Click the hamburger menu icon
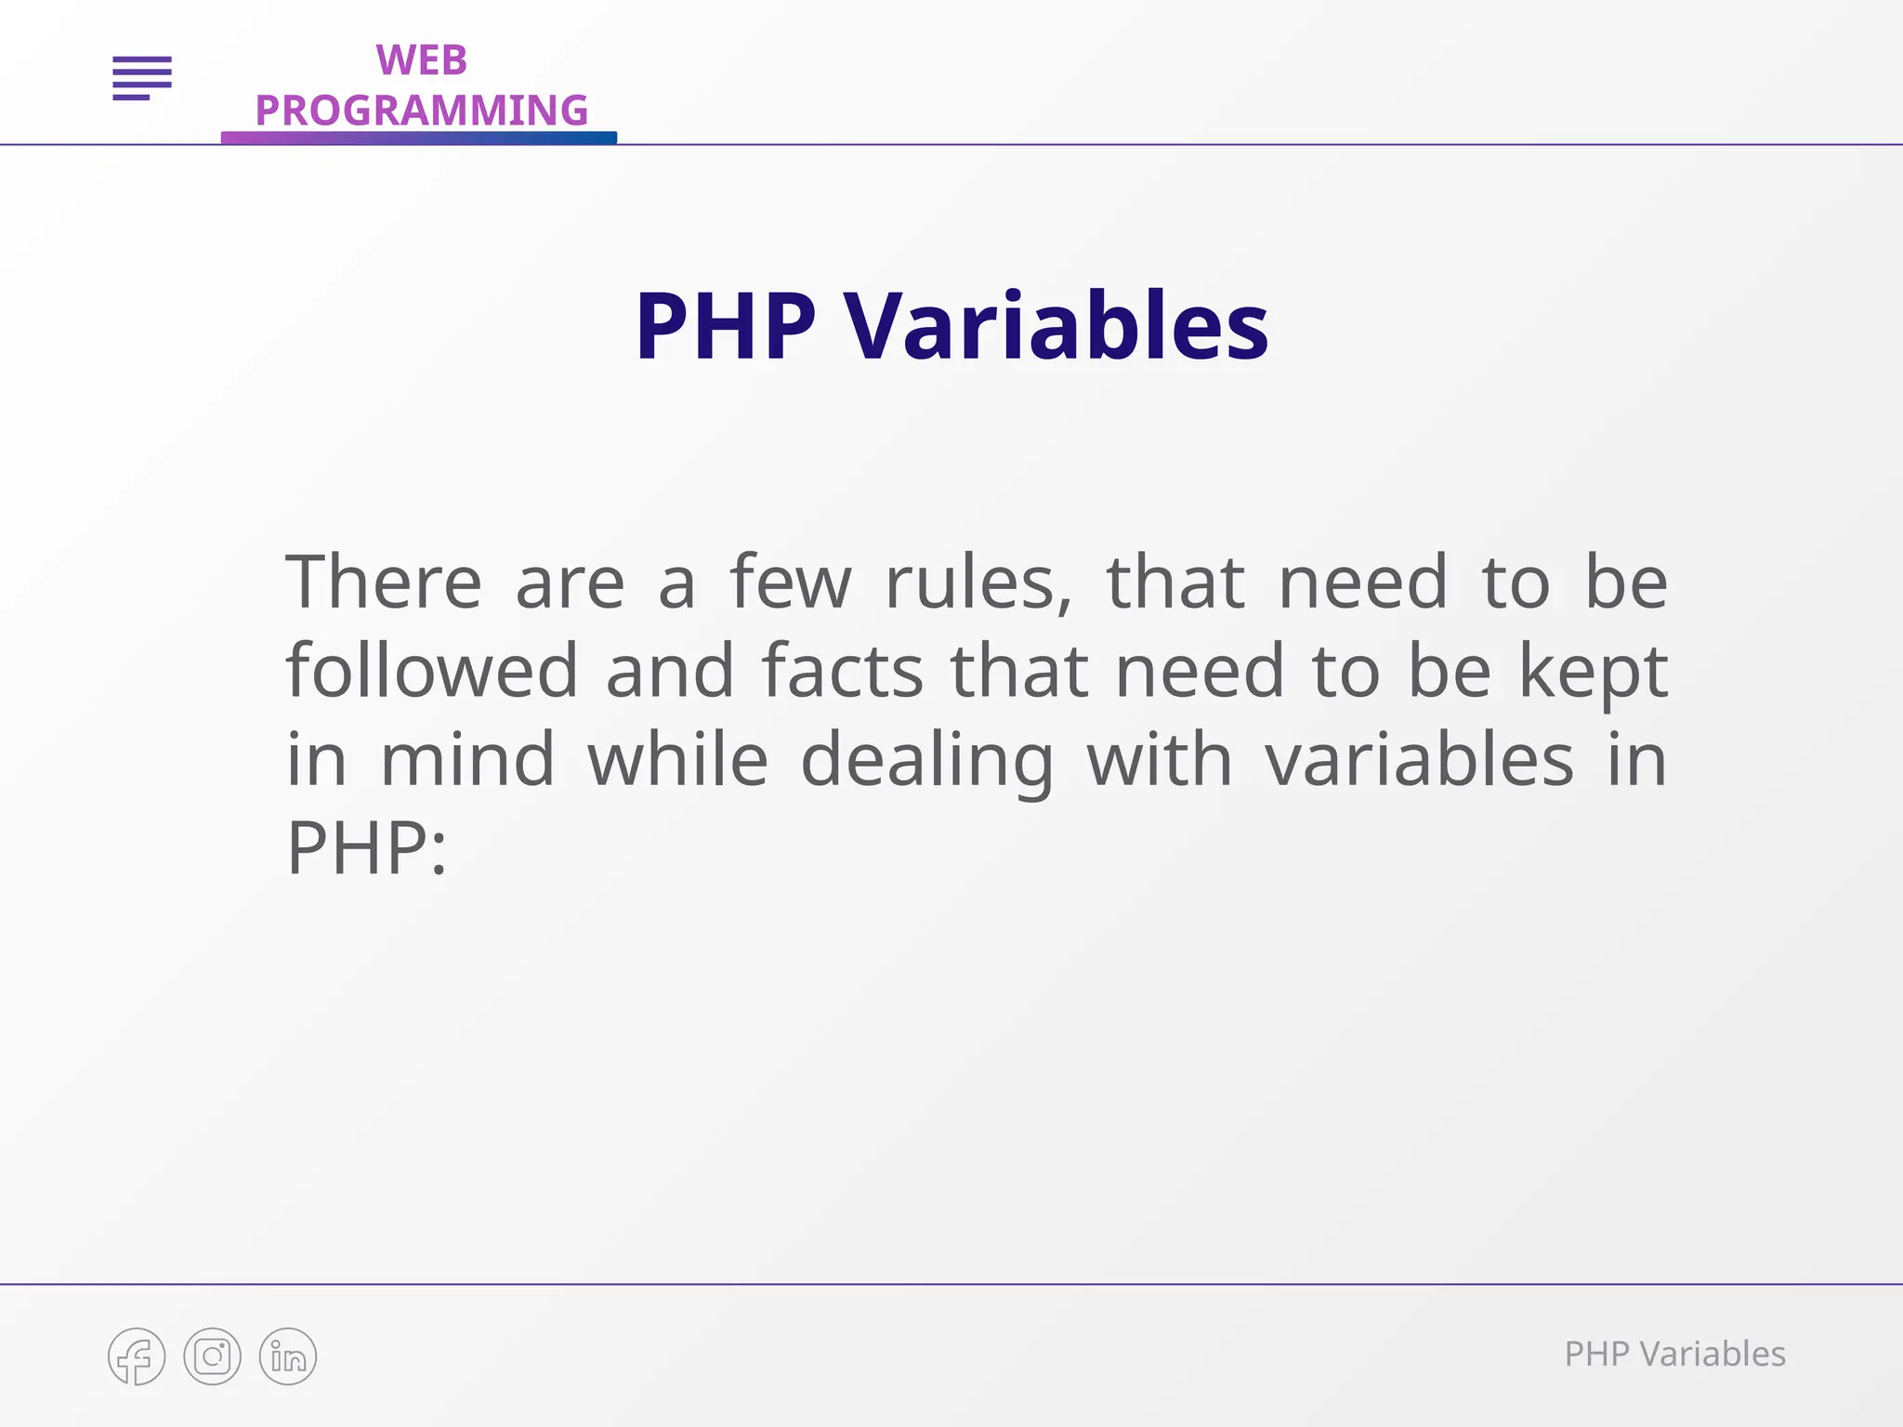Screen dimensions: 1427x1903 pos(142,78)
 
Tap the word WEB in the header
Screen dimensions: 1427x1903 pos(421,61)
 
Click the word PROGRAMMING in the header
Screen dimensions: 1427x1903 pos(421,111)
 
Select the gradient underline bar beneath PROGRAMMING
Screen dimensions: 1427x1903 pos(418,137)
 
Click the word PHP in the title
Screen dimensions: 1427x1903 pos(725,327)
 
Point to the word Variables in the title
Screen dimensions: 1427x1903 pos(1056,327)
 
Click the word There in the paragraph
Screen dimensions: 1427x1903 pos(383,583)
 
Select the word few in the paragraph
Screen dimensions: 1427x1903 pos(790,583)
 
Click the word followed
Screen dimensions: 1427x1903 pos(432,671)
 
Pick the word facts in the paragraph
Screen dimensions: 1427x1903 pos(842,671)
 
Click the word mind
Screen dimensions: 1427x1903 pos(467,760)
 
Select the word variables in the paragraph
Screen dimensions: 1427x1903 pos(1419,760)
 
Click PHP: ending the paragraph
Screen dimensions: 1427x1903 pos(366,848)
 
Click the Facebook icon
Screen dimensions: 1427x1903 pos(137,1356)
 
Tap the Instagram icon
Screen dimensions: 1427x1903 pos(212,1356)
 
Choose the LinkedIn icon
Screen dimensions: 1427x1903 pos(288,1356)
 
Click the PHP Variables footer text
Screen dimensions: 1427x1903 pos(1674,1355)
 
